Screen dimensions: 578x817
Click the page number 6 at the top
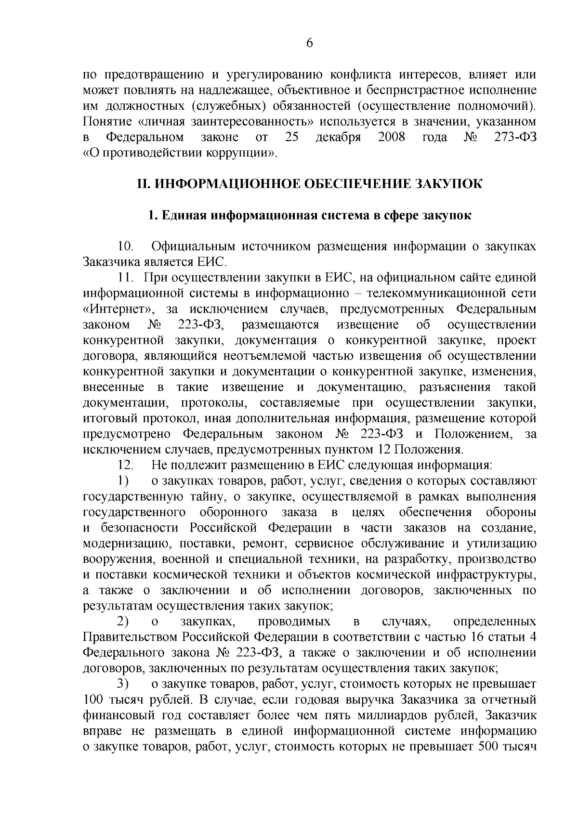pyautogui.click(x=309, y=43)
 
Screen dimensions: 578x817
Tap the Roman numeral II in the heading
pyautogui.click(x=144, y=184)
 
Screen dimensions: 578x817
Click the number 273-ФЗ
pyautogui.click(x=515, y=137)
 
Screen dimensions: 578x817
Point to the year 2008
pyautogui.click(x=391, y=137)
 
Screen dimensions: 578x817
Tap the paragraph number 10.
pyautogui.click(x=126, y=246)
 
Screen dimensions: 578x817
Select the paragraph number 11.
pyautogui.click(x=125, y=278)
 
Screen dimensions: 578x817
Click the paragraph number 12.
pyautogui.click(x=125, y=465)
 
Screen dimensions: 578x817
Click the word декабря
pyautogui.click(x=338, y=137)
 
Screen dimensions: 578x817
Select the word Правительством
pyautogui.click(x=131, y=637)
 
